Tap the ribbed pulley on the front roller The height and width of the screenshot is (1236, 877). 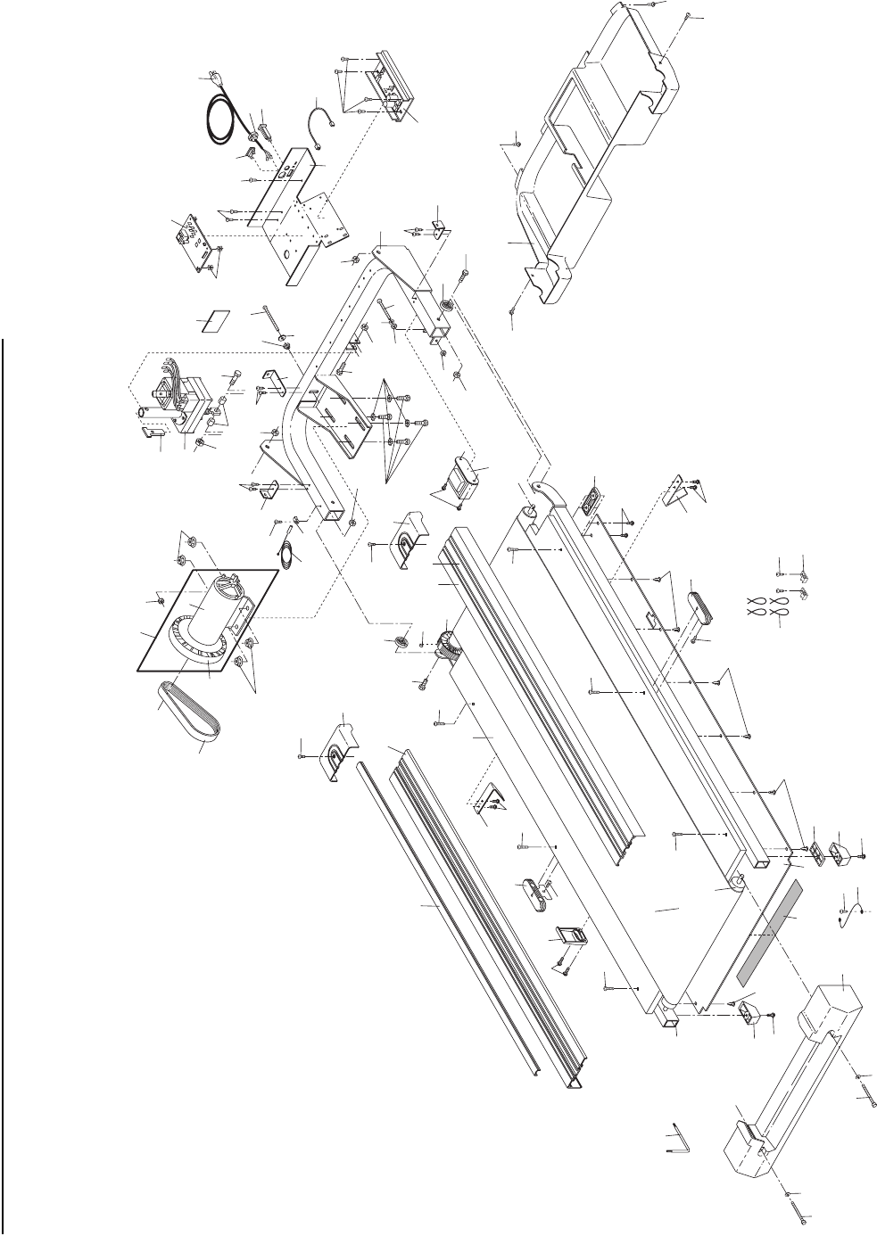pos(447,638)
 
